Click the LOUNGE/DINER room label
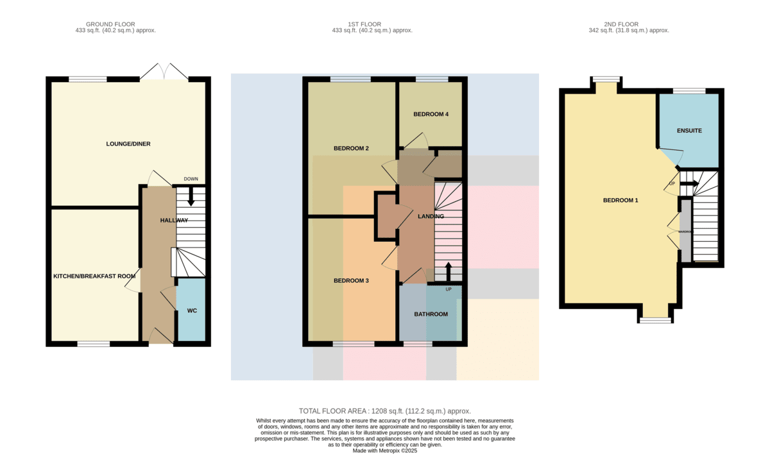tap(128, 144)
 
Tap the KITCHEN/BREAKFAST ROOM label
tap(94, 276)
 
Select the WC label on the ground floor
tap(192, 311)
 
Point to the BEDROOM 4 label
tap(431, 114)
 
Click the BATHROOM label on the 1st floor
tap(431, 314)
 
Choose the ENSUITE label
tap(689, 131)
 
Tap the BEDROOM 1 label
tap(620, 200)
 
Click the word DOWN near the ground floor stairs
tap(191, 179)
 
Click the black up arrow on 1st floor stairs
tap(449, 272)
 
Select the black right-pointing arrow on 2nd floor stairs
tap(689, 184)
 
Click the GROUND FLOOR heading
tap(110, 24)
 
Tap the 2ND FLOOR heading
tap(621, 24)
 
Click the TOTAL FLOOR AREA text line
tap(384, 411)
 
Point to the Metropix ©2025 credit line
tap(384, 451)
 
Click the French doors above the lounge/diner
tap(164, 71)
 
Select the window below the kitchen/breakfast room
tap(94, 344)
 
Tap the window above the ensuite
tap(689, 91)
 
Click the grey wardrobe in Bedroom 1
tap(686, 231)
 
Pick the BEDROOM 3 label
tap(351, 281)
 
